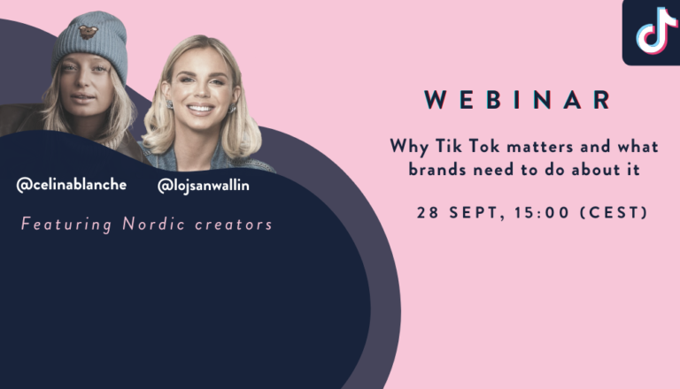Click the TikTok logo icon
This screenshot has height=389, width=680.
pos(655,31)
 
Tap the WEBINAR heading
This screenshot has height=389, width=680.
pos(518,100)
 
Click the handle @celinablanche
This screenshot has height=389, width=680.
pos(72,185)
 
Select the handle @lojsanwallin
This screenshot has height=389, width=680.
pos(204,186)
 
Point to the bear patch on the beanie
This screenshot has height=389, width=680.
pos(88,32)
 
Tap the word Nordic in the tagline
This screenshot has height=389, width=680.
pos(153,224)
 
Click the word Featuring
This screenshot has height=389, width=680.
pos(66,225)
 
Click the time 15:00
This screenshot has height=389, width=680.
pos(542,213)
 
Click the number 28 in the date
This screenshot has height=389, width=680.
pos(428,213)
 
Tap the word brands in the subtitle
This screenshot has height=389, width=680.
pos(437,170)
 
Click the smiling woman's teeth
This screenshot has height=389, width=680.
pos(200,108)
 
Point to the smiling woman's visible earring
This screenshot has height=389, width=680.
pos(170,104)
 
